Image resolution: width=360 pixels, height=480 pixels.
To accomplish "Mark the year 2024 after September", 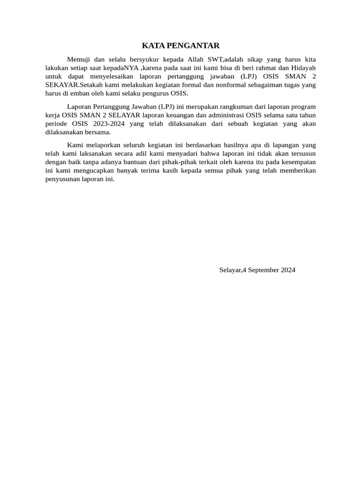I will pos(287,270).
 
